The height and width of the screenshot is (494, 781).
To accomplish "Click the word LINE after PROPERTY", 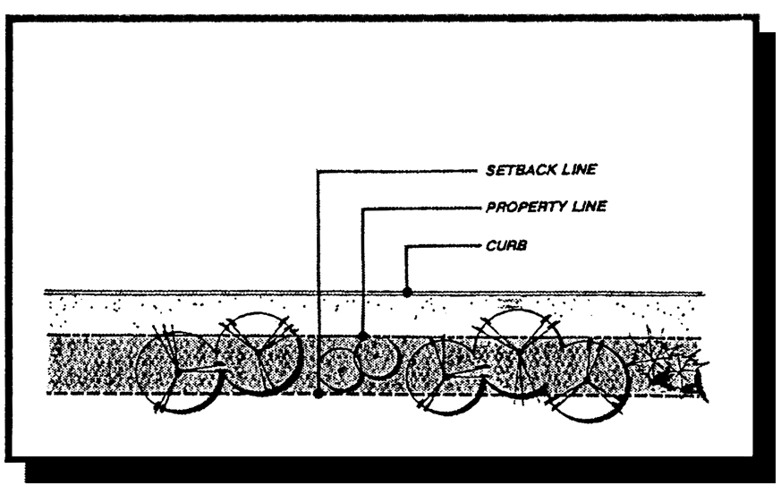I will [589, 207].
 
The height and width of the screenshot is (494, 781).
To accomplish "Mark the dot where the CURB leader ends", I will [407, 291].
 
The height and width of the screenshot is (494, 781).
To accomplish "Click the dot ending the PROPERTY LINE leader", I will [363, 336].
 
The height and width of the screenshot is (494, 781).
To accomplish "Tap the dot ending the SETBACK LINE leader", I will [318, 393].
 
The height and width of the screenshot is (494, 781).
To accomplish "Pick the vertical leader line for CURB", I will [407, 267].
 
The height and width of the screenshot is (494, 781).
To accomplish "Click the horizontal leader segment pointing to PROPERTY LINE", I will [420, 208].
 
